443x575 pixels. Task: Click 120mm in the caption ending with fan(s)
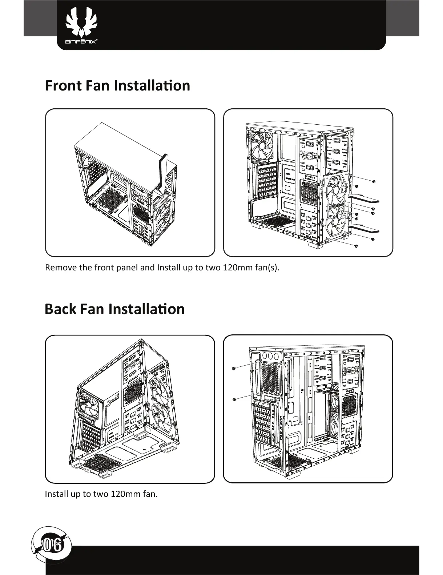[x=237, y=268]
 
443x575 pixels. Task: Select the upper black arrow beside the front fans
[x=364, y=198]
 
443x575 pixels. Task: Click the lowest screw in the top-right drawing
[x=356, y=246]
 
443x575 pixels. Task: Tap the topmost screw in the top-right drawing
[x=374, y=181]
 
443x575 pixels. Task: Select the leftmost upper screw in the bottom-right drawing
[x=234, y=369]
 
